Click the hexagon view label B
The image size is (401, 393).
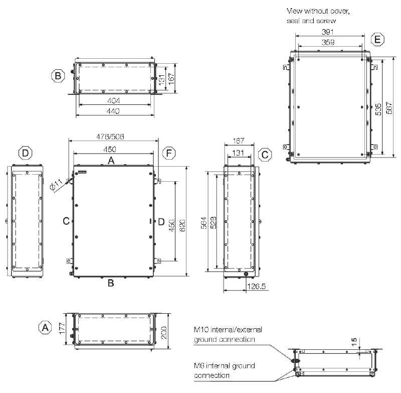click(x=58, y=76)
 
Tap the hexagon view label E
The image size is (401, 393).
click(x=377, y=40)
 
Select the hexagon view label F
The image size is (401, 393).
click(x=169, y=153)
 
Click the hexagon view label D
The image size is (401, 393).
click(x=26, y=153)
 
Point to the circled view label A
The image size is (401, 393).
click(x=45, y=327)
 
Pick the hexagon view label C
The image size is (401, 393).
click(x=265, y=155)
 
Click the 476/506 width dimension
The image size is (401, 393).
click(x=110, y=137)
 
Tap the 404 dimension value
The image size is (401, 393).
click(x=114, y=100)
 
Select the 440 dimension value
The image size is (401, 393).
click(x=113, y=111)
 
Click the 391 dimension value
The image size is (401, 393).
click(x=328, y=32)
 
